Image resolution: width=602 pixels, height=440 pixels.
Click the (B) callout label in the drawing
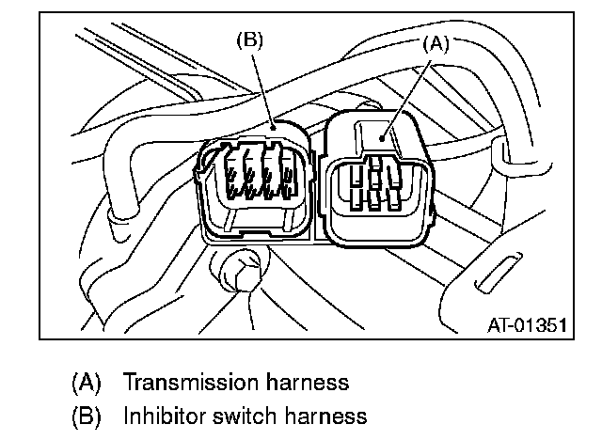click(251, 41)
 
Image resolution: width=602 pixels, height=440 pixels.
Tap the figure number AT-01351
click(527, 325)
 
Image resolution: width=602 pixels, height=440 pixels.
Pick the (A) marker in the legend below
click(87, 383)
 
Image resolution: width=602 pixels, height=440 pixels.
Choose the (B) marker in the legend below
click(87, 415)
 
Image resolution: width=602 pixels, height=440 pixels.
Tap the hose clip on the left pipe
click(120, 218)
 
